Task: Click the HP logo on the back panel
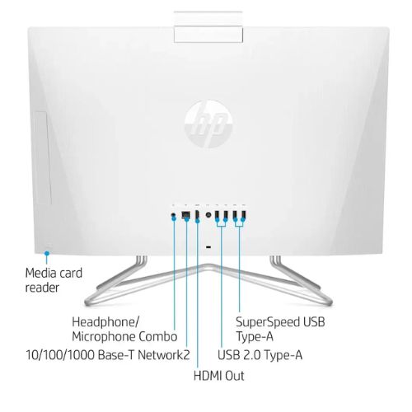click(208, 124)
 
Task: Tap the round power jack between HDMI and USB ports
click(208, 215)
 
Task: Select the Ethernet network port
click(186, 214)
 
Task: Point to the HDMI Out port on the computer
click(197, 215)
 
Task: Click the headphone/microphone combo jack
click(173, 214)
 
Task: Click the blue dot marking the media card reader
click(47, 253)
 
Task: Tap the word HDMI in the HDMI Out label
click(208, 376)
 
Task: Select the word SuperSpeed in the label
click(268, 322)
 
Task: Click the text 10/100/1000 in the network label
click(60, 354)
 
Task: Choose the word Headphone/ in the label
click(105, 321)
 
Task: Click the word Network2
click(163, 354)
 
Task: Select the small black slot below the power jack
click(208, 247)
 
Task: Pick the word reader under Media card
click(42, 288)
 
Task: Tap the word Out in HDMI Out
click(234, 376)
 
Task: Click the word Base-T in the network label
click(116, 354)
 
